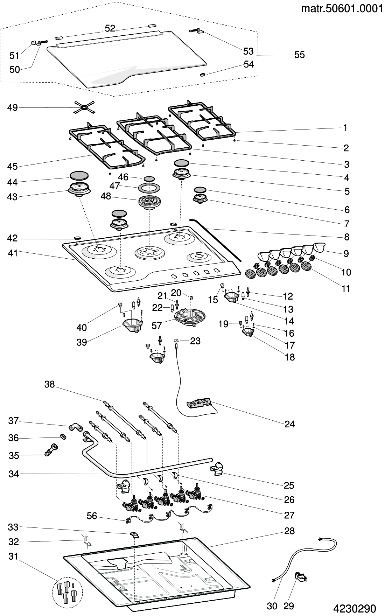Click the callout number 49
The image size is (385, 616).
[x=12, y=107]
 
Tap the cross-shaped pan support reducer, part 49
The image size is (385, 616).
[x=84, y=107]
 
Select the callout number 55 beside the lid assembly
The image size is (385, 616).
[x=300, y=55]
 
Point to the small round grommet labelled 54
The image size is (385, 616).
[x=202, y=75]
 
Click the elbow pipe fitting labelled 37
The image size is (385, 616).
[x=75, y=427]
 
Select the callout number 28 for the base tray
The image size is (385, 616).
[x=289, y=531]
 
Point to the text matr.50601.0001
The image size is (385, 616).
[x=342, y=9]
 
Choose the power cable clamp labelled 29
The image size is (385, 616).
[x=300, y=576]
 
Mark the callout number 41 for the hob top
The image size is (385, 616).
[x=12, y=253]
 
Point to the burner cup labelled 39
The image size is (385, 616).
[x=133, y=325]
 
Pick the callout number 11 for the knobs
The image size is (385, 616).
[x=346, y=289]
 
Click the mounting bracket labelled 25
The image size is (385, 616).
[x=217, y=469]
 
